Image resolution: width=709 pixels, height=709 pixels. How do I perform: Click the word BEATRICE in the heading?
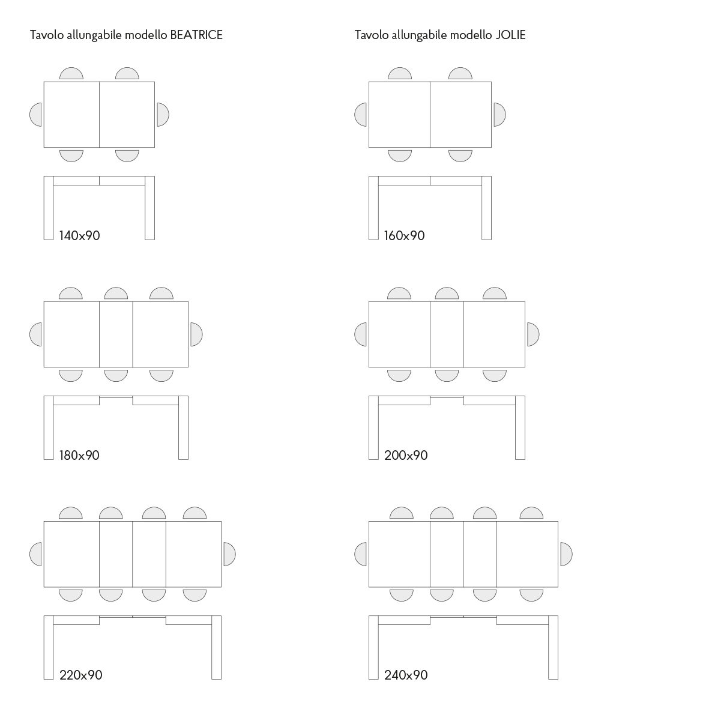pos(196,35)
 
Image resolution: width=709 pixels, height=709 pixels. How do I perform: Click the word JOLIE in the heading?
pos(510,35)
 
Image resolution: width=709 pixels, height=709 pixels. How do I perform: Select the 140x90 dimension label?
pos(80,235)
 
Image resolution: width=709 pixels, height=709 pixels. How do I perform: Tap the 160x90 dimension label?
pos(404,235)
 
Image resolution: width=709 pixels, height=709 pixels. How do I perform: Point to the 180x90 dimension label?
pos(80,455)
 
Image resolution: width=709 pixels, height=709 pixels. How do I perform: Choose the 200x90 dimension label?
pos(406,455)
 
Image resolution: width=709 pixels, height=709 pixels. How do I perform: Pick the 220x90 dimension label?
pos(81,675)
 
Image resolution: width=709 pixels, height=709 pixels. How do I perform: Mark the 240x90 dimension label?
pos(406,675)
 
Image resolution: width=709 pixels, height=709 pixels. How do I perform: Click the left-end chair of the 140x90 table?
pos(36,115)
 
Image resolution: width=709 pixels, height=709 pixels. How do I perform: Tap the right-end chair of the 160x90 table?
pos(499,115)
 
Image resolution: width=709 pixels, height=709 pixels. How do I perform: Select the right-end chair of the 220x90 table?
pos(230,554)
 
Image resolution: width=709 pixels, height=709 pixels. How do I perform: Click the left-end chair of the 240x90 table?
pos(360,554)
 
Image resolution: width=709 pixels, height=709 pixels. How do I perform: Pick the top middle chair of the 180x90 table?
pos(116,294)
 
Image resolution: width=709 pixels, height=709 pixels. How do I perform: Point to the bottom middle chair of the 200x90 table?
pos(447,376)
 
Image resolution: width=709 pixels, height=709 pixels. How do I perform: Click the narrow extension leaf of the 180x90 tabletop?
pos(116,334)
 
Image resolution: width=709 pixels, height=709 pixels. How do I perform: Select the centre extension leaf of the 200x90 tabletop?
pos(447,334)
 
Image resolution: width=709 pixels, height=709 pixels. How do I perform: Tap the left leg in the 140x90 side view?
pos(49,208)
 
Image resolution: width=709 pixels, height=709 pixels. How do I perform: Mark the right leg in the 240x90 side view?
pos(553,648)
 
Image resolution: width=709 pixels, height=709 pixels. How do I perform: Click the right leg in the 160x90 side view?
pos(486,208)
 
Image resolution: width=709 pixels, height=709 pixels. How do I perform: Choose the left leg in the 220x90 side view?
pos(49,648)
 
